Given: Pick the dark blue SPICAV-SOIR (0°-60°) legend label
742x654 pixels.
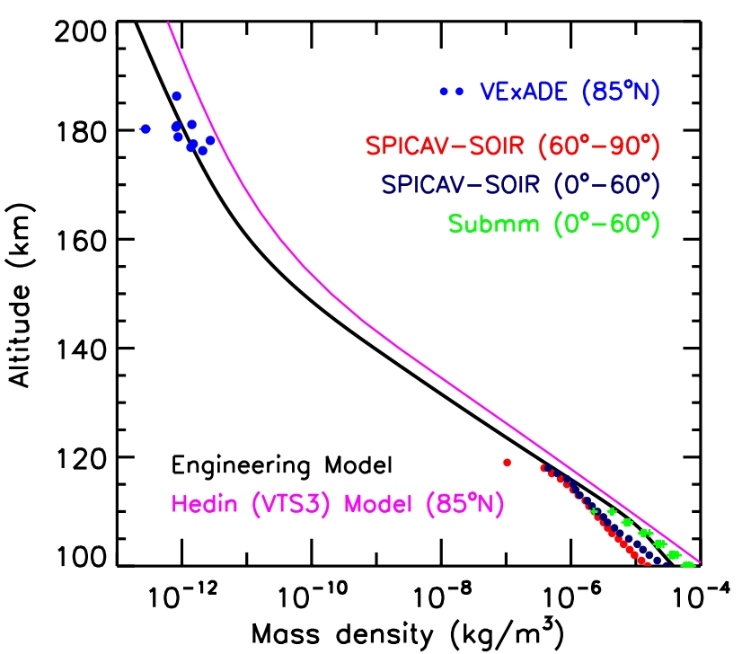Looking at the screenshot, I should [x=521, y=184].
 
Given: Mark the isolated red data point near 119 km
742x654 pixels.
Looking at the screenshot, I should [x=508, y=463].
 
